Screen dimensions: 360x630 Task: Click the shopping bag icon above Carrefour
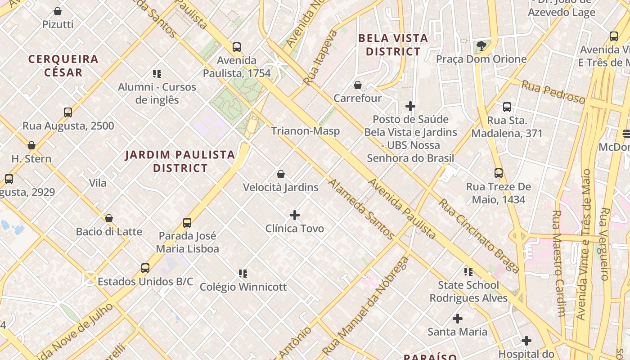358,85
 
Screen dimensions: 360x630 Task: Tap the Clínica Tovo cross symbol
295,215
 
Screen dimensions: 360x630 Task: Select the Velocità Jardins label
280,187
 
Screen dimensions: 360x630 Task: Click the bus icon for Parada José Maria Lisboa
187,223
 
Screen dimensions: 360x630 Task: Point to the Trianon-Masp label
305,131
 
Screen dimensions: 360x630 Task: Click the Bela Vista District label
393,45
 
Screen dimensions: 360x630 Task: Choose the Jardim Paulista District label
180,162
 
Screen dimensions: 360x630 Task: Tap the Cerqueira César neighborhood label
63,66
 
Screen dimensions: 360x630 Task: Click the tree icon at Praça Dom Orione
481,45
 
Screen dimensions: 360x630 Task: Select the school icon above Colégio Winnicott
243,273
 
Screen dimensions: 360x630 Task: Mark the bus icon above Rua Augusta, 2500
68,112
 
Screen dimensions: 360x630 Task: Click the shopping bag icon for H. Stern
31,145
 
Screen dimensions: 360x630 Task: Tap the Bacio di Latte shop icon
109,218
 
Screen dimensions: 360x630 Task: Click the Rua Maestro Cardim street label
558,263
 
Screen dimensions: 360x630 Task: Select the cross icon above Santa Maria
458,319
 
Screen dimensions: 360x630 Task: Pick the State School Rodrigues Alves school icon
468,271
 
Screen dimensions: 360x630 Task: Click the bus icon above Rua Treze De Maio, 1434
499,173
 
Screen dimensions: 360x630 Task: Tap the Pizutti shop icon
58,11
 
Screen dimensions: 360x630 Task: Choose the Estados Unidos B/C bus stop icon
145,268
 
